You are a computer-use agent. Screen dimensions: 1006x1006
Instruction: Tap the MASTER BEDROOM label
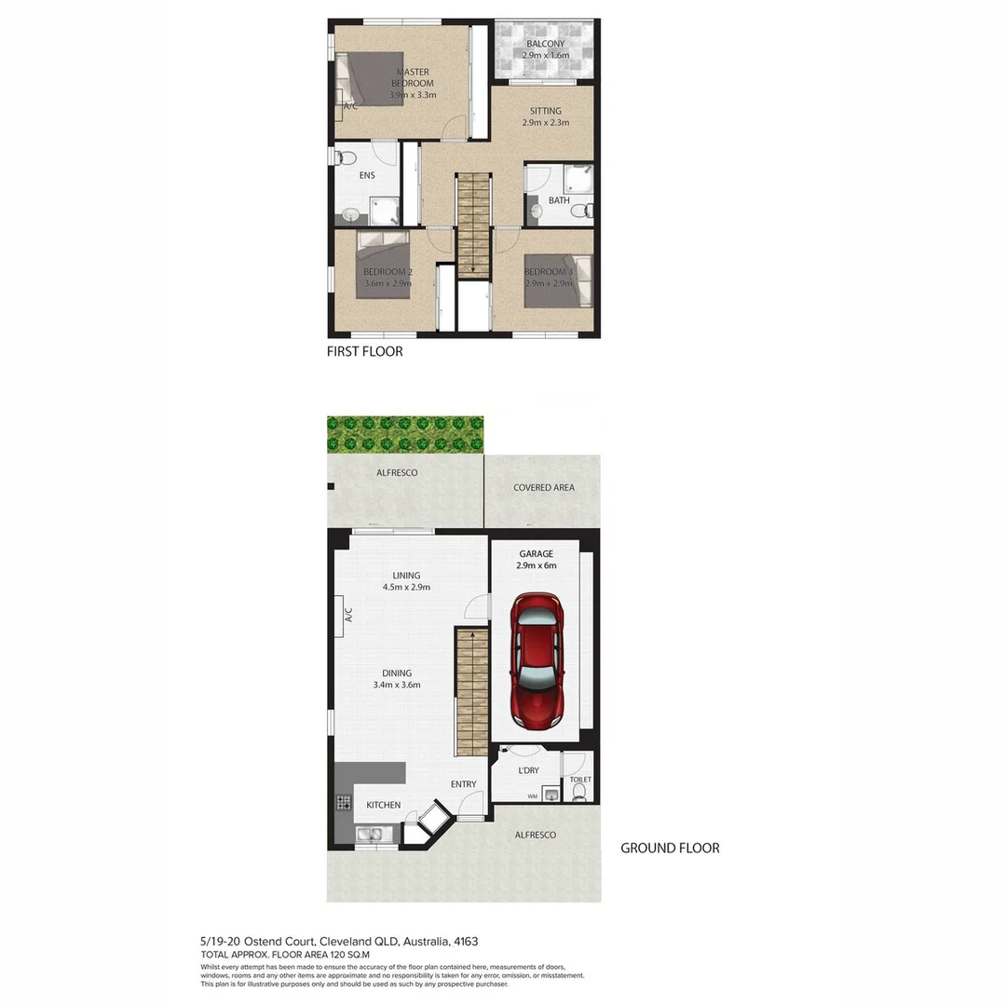click(x=413, y=77)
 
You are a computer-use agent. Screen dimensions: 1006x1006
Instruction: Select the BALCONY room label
click(x=545, y=44)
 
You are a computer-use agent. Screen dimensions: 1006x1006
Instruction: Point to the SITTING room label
click(x=545, y=111)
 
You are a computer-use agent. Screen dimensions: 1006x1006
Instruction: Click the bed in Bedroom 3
click(x=557, y=280)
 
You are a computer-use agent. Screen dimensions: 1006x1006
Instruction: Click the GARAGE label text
click(x=536, y=553)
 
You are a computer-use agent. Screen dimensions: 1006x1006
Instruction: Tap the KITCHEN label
click(x=383, y=805)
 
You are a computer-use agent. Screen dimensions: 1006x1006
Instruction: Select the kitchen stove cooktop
click(x=343, y=802)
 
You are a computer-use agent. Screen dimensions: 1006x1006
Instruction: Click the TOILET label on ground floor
click(x=579, y=780)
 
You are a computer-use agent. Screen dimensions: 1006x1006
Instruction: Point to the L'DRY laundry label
click(x=528, y=770)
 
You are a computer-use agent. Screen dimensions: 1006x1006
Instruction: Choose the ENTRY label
click(x=463, y=784)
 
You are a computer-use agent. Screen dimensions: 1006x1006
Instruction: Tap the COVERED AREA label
click(x=544, y=487)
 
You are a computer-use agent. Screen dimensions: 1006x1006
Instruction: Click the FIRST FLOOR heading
click(x=364, y=351)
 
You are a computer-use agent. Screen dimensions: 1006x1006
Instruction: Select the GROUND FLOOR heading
click(x=670, y=848)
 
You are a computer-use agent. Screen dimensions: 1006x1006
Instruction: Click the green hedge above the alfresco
click(x=405, y=434)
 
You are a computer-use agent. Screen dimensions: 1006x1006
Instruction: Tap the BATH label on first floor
click(x=558, y=200)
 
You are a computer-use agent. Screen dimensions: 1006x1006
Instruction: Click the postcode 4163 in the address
click(x=467, y=942)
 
